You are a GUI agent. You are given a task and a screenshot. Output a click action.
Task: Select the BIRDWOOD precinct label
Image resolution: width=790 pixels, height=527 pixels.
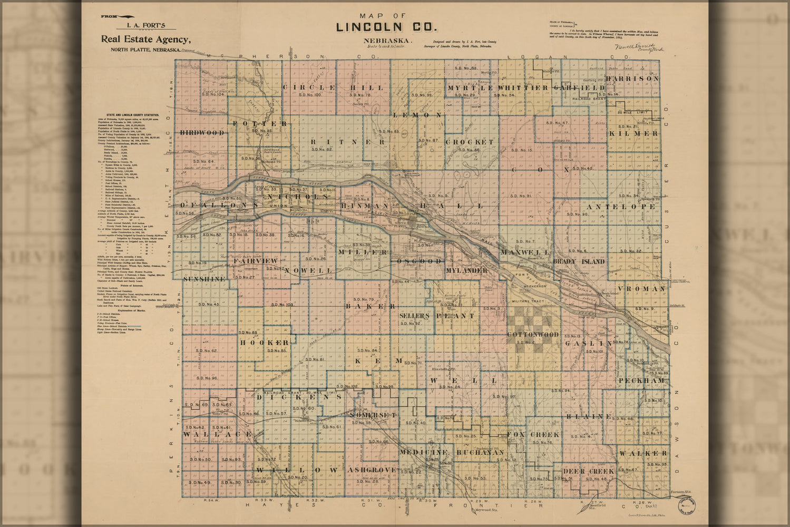202,133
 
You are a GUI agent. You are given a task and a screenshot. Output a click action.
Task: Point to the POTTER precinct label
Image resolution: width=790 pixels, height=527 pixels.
260,123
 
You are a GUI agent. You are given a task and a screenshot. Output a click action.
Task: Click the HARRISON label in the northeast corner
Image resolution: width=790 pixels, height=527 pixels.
632,79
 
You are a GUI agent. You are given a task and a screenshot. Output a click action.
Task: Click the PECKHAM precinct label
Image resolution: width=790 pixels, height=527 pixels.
642,380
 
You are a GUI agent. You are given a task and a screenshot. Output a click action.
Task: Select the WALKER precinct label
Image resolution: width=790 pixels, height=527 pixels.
643,453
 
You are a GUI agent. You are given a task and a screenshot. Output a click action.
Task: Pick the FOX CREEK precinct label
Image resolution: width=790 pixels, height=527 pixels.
533,435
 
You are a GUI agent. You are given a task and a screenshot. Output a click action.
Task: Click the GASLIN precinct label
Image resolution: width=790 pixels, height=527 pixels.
589,343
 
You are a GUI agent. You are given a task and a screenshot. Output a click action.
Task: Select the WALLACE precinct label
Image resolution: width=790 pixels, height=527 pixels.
218,434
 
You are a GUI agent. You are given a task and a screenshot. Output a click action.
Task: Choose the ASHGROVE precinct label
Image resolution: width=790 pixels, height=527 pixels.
372,470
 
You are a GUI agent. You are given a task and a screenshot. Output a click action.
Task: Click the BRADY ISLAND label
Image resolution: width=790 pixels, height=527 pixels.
579,261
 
